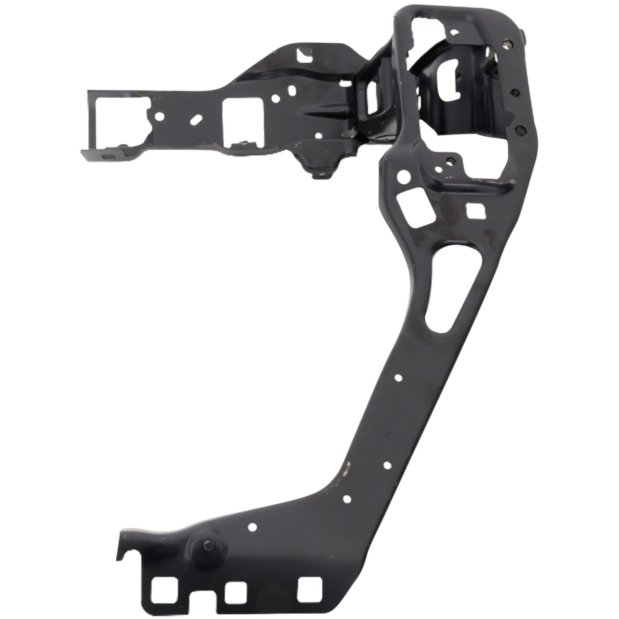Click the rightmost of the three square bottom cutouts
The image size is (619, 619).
point(310,588)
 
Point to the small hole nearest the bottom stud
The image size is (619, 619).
point(252,527)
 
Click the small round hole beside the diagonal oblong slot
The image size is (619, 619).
point(159,116)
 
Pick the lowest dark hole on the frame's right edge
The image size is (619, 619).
point(520,129)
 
